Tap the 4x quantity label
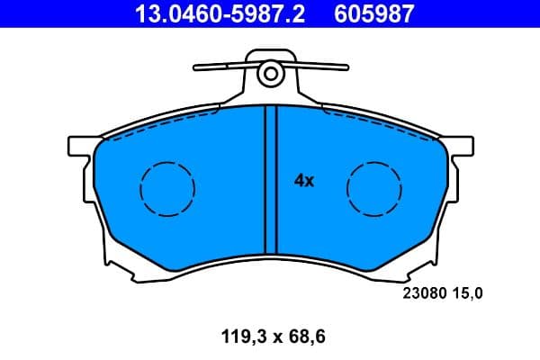304,181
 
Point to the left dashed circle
167,189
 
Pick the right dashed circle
374,189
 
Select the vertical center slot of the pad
265,180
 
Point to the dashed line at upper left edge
162,122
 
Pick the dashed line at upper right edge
378,122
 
